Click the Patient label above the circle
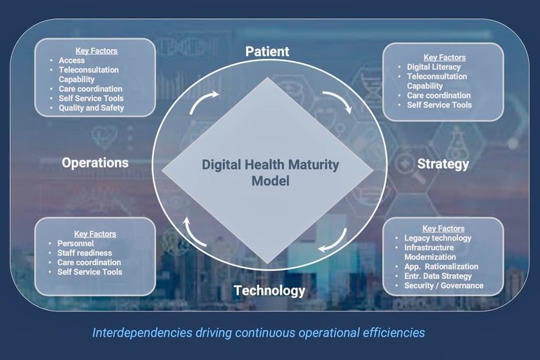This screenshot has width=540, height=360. click(267, 51)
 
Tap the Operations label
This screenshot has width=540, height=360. click(95, 162)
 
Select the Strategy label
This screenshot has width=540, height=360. click(443, 165)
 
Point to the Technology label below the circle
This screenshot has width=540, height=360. click(269, 291)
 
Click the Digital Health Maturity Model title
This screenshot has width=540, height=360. click(270, 172)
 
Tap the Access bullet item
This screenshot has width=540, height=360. click(72, 60)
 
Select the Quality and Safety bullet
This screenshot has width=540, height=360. click(91, 108)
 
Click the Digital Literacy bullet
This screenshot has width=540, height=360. click(434, 67)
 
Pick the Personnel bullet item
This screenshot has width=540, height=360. click(75, 243)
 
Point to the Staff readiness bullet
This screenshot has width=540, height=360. click(84, 253)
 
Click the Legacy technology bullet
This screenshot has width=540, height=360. click(438, 238)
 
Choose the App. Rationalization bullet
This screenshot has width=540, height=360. click(441, 266)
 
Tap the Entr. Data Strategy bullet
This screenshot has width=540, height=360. click(438, 276)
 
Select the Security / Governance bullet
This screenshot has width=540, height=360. click(444, 285)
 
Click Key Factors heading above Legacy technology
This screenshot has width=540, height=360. click(444, 229)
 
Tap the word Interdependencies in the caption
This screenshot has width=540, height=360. click(142, 333)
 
